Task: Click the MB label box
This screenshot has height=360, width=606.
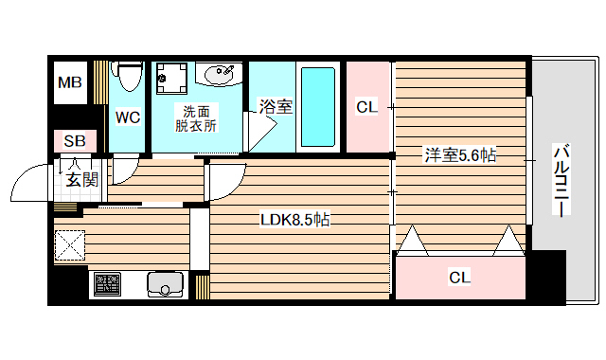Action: point(70,83)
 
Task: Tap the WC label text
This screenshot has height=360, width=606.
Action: point(127,117)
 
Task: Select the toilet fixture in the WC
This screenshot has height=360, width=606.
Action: point(128,75)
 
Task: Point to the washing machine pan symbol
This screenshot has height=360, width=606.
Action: point(171,77)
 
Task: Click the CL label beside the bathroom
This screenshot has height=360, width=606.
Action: point(366,107)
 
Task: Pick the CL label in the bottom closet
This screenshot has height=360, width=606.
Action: point(459,277)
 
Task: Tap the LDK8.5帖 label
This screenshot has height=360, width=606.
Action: point(295,220)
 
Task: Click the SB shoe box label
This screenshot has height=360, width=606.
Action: point(74,141)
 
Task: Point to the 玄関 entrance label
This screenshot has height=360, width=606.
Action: point(81,180)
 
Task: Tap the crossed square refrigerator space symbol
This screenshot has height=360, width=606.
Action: point(70,245)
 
